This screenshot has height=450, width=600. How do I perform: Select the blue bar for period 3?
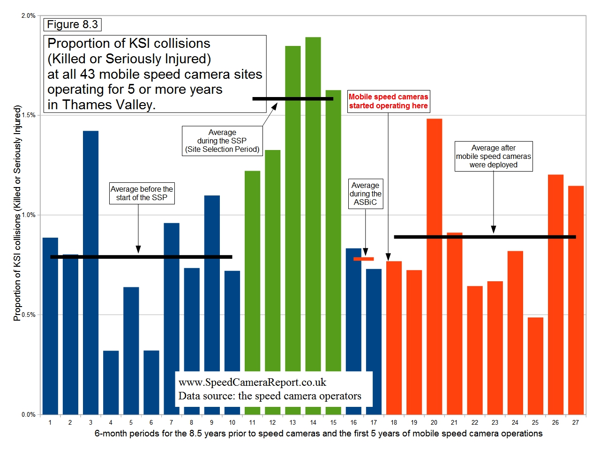pyautogui.click(x=91, y=272)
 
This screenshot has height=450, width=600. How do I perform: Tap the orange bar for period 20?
pyautogui.click(x=434, y=267)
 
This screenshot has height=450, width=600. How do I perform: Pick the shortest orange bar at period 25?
pyautogui.click(x=535, y=366)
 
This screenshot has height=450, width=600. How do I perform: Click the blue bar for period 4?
pyautogui.click(x=111, y=382)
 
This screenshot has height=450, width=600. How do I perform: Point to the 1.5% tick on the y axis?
pyautogui.click(x=29, y=115)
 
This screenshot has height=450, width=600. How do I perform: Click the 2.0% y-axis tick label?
pyautogui.click(x=29, y=16)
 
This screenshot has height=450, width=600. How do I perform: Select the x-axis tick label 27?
pyautogui.click(x=575, y=422)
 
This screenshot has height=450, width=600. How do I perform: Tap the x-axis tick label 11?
pyautogui.click(x=252, y=422)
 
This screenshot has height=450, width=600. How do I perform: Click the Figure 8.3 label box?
pyautogui.click(x=73, y=24)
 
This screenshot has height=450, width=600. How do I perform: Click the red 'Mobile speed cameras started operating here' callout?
pyautogui.click(x=388, y=101)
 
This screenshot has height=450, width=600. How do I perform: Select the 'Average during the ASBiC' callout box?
pyautogui.click(x=366, y=194)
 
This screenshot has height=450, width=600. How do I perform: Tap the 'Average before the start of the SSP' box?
pyautogui.click(x=142, y=193)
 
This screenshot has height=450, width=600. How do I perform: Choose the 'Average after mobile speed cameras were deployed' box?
pyautogui.click(x=494, y=156)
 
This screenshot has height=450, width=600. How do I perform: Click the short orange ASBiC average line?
pyautogui.click(x=363, y=259)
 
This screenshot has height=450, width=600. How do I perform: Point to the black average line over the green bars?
pyautogui.click(x=292, y=99)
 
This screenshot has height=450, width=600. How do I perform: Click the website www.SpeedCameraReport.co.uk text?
pyautogui.click(x=252, y=382)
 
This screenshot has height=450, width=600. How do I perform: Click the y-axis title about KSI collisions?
pyautogui.click(x=17, y=213)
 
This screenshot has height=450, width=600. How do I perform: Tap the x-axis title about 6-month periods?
pyautogui.click(x=318, y=434)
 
